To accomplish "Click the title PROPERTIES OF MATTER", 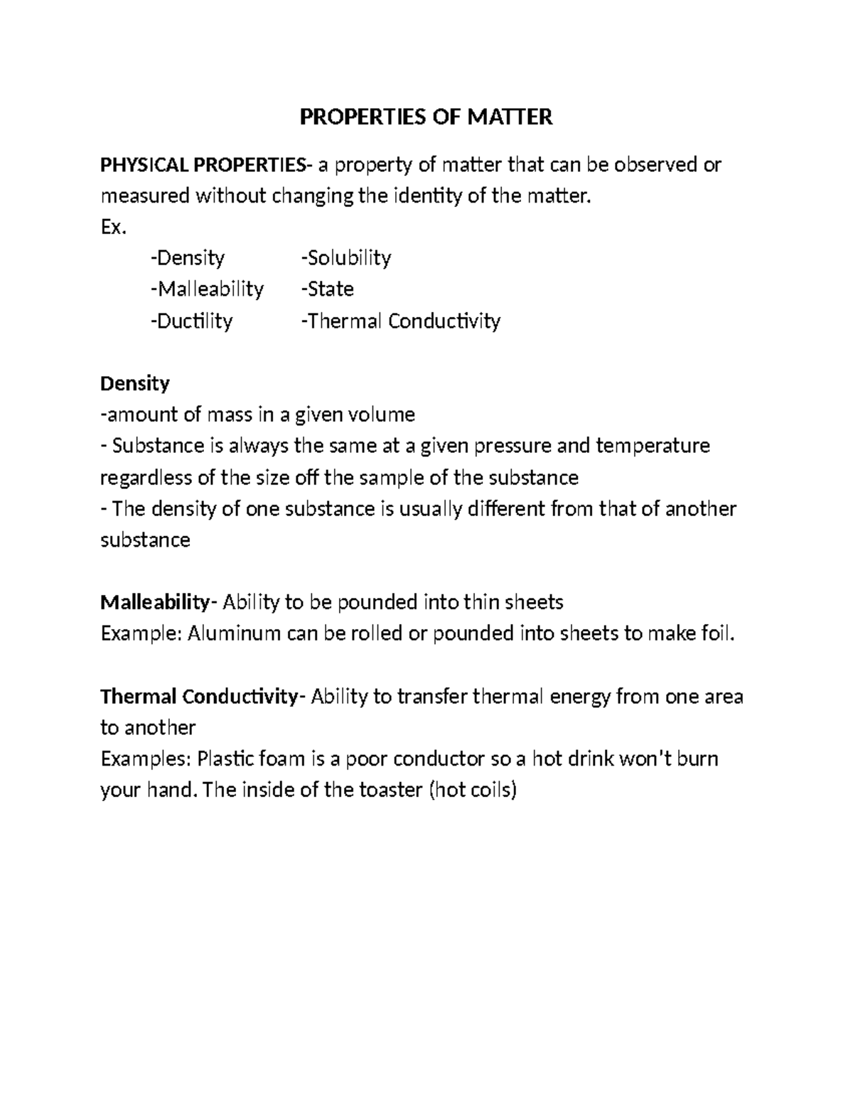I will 426,117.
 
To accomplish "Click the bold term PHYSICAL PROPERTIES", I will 203,165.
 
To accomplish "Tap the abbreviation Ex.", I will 114,227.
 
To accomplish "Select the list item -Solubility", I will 346,257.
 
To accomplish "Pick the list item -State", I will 327,289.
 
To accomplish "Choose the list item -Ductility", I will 191,321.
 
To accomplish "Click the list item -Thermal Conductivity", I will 401,321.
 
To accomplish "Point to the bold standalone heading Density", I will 135,384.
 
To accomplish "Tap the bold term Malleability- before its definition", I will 155,603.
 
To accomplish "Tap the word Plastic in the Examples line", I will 225,759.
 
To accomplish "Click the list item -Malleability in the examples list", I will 207,289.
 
